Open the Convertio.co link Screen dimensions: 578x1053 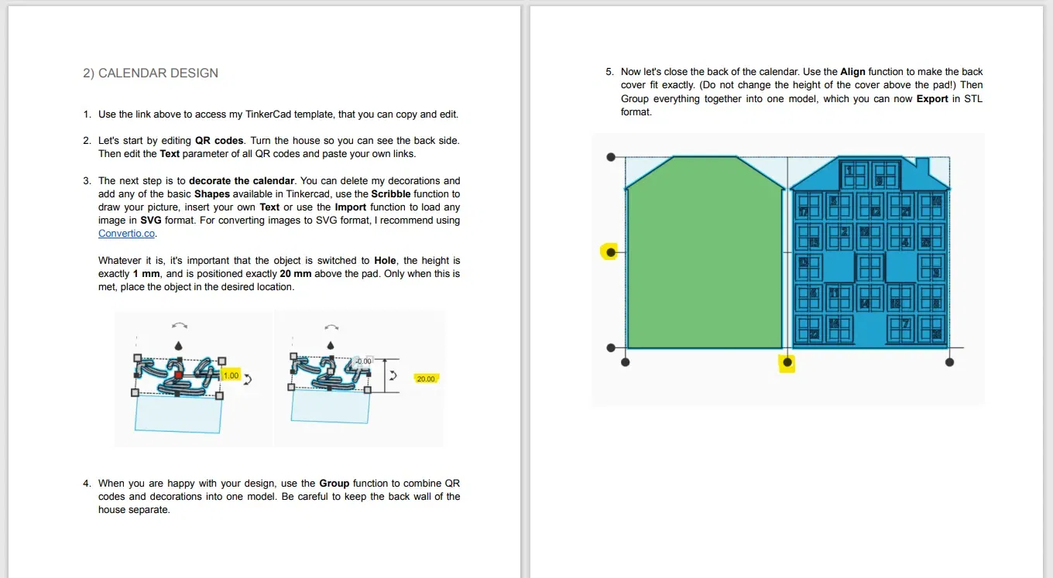[x=127, y=234]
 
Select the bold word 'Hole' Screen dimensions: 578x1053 [x=385, y=261]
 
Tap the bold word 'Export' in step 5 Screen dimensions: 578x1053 [x=932, y=99]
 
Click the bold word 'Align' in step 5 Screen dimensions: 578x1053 [x=852, y=72]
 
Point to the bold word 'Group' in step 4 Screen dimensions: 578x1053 [x=334, y=484]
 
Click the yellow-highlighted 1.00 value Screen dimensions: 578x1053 [x=231, y=375]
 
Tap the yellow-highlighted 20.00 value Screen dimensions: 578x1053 [x=425, y=378]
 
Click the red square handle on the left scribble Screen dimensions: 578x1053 [x=178, y=375]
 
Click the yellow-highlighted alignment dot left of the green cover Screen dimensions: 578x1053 [x=611, y=251]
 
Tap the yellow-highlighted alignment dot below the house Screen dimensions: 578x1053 [x=787, y=362]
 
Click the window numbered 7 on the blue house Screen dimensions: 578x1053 [x=904, y=324]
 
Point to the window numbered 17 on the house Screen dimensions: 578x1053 [x=804, y=210]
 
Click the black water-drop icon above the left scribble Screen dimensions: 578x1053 [x=179, y=345]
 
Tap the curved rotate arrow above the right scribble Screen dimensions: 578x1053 [x=331, y=327]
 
